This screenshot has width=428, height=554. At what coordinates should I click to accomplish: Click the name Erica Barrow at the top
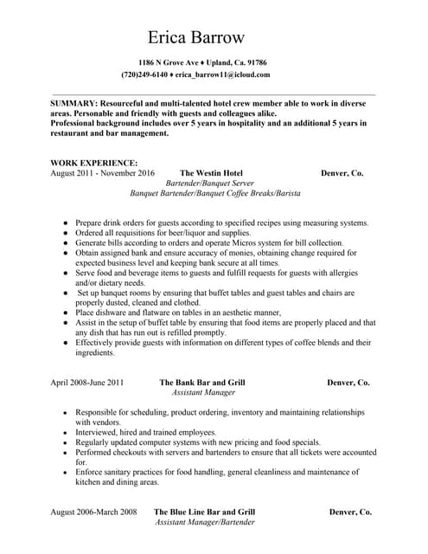pyautogui.click(x=196, y=37)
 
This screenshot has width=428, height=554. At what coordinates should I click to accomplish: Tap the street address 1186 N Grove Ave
pyautogui.click(x=169, y=63)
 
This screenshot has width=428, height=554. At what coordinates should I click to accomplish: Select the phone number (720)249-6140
pyautogui.click(x=144, y=75)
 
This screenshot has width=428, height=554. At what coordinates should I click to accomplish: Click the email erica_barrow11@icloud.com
pyautogui.click(x=223, y=75)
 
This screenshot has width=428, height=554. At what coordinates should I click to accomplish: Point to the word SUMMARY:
pyautogui.click(x=73, y=103)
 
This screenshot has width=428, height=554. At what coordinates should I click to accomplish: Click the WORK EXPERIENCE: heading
pyautogui.click(x=93, y=163)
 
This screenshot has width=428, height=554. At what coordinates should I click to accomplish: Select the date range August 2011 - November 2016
pyautogui.click(x=102, y=173)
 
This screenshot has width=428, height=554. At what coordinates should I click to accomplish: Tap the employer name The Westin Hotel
pyautogui.click(x=211, y=173)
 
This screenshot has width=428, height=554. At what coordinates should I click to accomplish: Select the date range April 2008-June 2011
pyautogui.click(x=86, y=382)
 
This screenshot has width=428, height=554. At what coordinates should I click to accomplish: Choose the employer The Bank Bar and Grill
pyautogui.click(x=202, y=382)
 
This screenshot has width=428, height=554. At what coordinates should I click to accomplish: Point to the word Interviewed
pyautogui.click(x=98, y=431)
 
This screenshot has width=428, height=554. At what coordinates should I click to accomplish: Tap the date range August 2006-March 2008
pyautogui.click(x=93, y=512)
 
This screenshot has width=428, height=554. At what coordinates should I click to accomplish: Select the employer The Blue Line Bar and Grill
pyautogui.click(x=204, y=512)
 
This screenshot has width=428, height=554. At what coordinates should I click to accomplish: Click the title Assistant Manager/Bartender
pyautogui.click(x=204, y=523)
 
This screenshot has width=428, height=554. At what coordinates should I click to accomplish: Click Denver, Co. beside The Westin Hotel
pyautogui.click(x=342, y=173)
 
